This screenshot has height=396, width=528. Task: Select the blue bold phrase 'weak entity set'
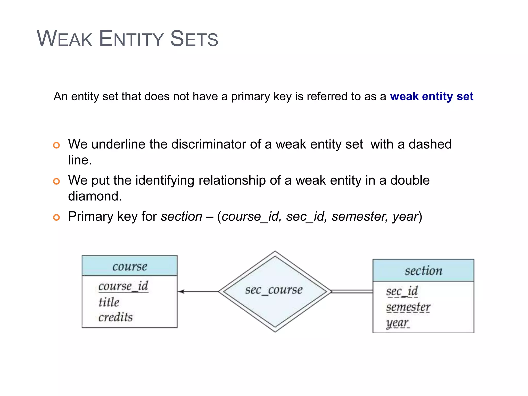click(x=432, y=96)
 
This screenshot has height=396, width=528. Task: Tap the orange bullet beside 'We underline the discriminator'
click(x=56, y=145)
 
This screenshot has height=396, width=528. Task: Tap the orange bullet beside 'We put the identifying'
click(x=56, y=181)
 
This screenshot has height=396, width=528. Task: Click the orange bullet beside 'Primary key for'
click(x=56, y=217)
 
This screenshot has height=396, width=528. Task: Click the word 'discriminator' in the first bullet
click(x=208, y=144)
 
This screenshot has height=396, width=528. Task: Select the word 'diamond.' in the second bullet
click(x=95, y=196)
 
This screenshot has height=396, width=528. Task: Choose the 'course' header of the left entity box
click(x=130, y=266)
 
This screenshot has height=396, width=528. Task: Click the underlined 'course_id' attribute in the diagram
click(x=123, y=286)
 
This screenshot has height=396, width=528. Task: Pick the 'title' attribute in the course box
click(x=109, y=302)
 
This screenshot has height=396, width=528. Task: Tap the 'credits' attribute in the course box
click(x=115, y=317)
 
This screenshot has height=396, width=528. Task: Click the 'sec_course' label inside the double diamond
click(x=274, y=290)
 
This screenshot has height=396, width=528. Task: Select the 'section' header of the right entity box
click(x=423, y=271)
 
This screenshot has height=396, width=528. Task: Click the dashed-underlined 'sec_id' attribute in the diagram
click(x=402, y=291)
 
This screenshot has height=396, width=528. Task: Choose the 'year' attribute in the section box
click(x=397, y=323)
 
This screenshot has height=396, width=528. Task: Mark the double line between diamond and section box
click(x=352, y=292)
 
